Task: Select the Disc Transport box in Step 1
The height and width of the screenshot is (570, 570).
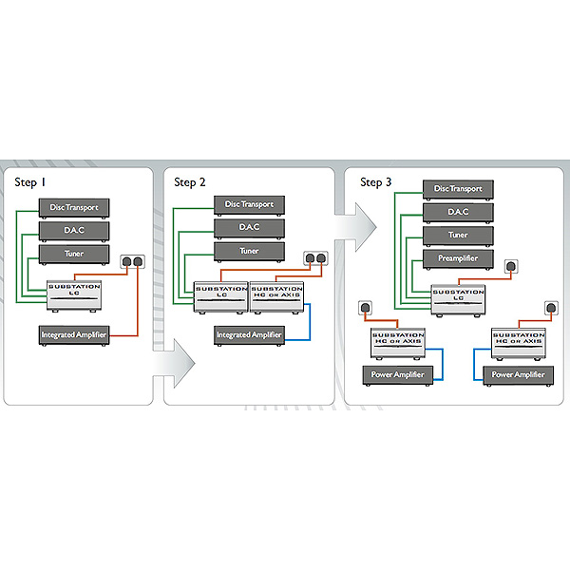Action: coord(74,207)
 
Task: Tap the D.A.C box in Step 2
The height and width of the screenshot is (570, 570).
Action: coord(249,228)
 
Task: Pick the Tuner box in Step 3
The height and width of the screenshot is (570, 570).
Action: coord(459,234)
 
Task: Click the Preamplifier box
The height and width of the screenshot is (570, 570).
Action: coord(459,257)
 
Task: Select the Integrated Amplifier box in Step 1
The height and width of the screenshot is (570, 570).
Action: coord(74,334)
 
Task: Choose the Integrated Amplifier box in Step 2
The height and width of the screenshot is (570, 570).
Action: coord(249,334)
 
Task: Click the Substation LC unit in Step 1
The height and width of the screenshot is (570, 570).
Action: coord(73,292)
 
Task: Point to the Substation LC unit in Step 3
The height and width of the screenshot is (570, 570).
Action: coord(459,298)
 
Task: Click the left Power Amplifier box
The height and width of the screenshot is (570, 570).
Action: coord(398,375)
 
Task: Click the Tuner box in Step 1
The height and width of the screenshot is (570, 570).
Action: coord(74,254)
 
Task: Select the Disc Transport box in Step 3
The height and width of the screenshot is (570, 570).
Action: coord(459,189)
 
